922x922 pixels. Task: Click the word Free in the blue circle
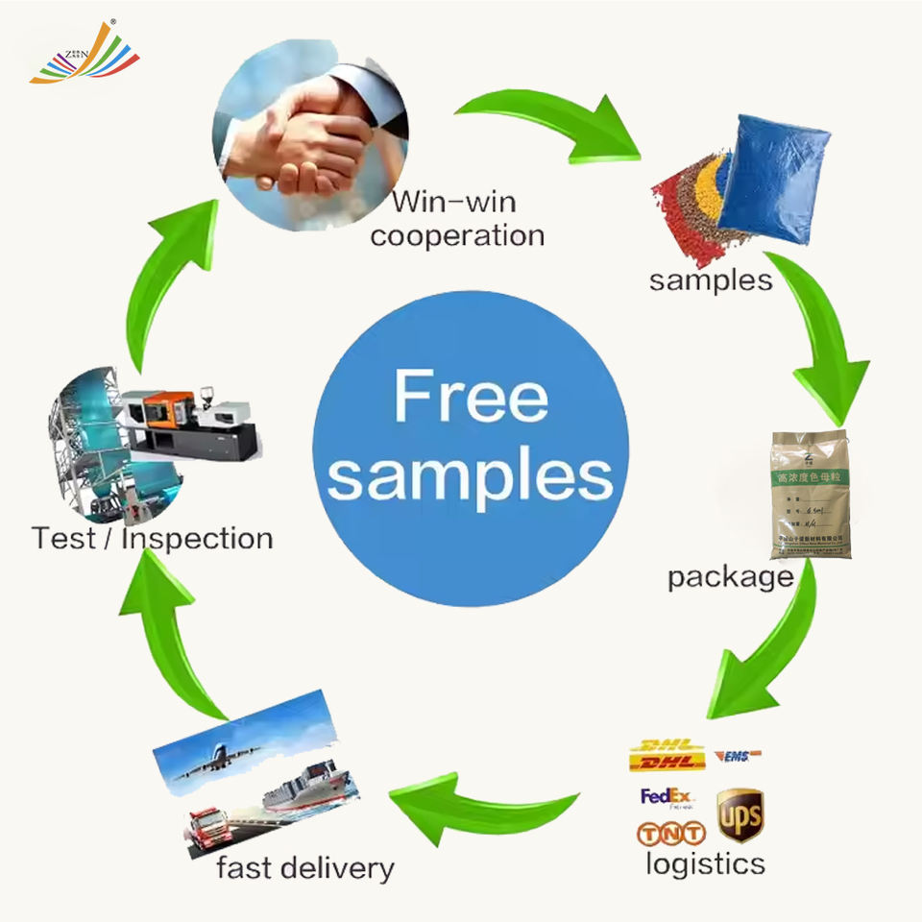click(471, 396)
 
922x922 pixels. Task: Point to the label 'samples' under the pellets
click(710, 279)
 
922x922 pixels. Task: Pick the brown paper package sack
click(810, 494)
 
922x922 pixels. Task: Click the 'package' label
click(730, 577)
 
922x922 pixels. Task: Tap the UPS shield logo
click(740, 814)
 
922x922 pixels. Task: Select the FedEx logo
click(667, 796)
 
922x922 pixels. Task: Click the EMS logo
click(738, 757)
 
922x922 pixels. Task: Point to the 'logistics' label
click(705, 862)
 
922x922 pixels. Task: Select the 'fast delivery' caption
click(305, 868)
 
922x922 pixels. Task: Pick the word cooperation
click(457, 235)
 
